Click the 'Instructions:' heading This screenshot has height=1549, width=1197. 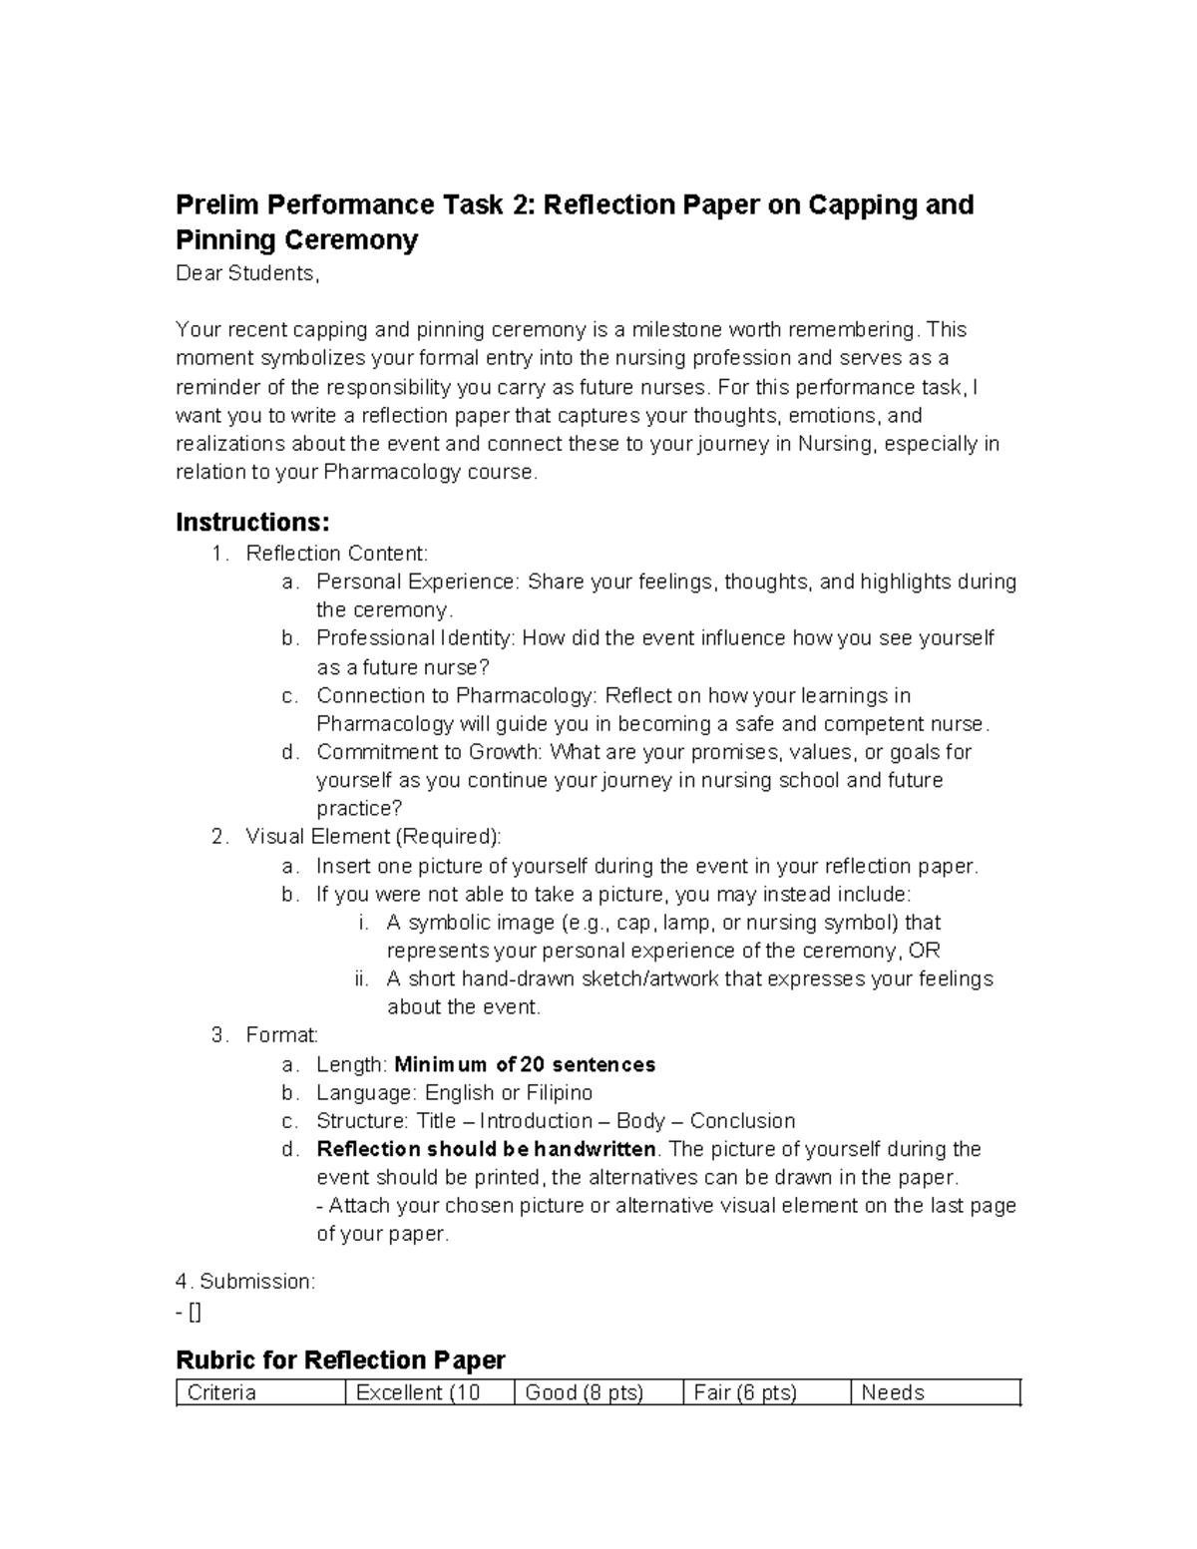click(252, 523)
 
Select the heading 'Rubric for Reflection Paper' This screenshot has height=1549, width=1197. click(340, 1360)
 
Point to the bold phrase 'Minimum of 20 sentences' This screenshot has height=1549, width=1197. click(526, 1065)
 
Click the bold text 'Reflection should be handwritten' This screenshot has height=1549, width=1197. click(486, 1150)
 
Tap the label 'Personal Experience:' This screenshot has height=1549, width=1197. click(418, 582)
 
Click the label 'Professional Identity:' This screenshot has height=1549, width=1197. click(416, 638)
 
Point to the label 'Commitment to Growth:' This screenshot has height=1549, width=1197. click(430, 752)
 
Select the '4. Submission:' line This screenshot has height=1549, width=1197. click(245, 1283)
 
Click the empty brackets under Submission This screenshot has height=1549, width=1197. click(195, 1313)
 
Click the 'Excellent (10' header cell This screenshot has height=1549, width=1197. click(418, 1393)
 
